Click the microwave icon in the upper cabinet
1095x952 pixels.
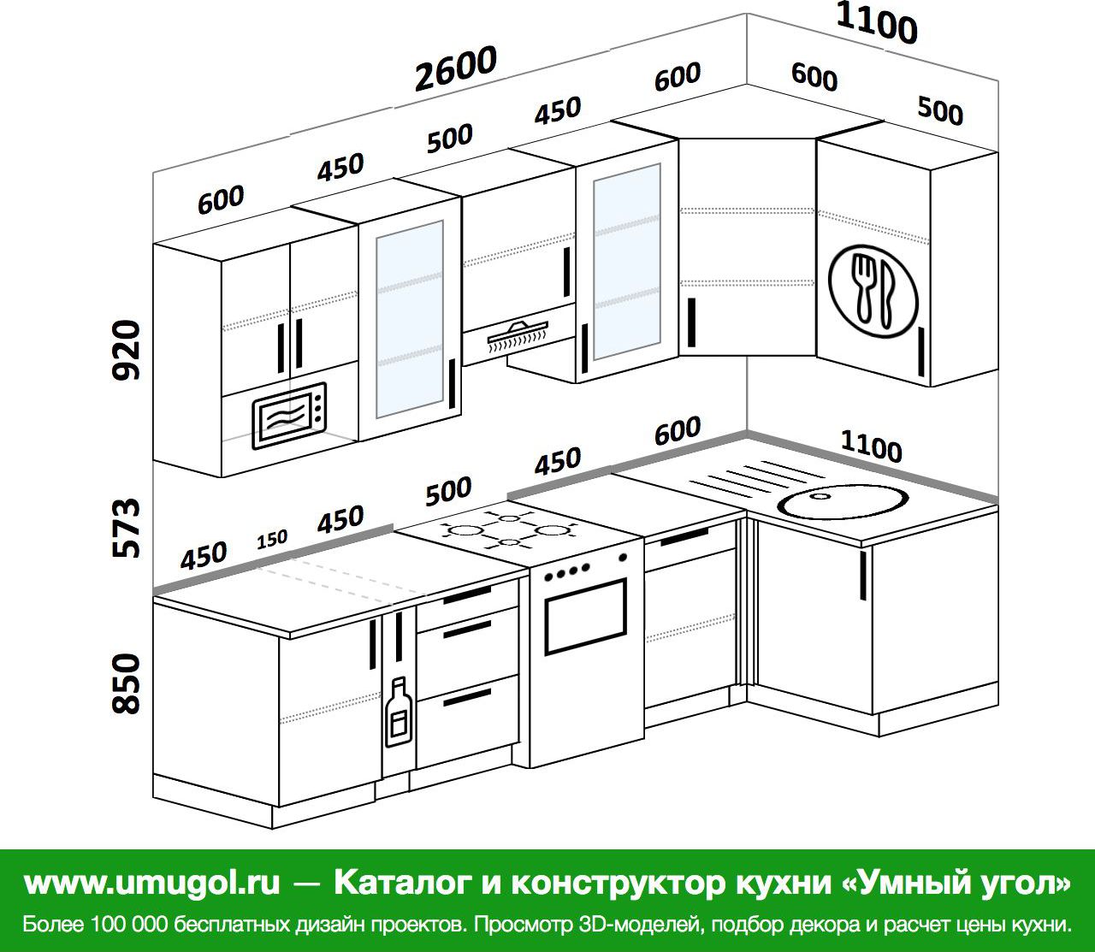[x=289, y=416]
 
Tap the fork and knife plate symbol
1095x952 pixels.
[x=873, y=292]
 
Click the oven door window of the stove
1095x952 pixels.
[x=585, y=616]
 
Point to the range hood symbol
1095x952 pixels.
[x=518, y=334]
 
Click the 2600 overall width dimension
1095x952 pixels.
[x=455, y=68]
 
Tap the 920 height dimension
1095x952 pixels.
[x=127, y=350]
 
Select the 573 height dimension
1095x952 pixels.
[x=127, y=528]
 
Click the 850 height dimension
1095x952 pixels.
[x=127, y=683]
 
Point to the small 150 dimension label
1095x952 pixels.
[x=272, y=540]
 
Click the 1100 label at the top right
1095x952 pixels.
[x=876, y=24]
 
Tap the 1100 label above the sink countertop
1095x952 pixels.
[x=871, y=446]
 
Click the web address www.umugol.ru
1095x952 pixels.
[x=152, y=883]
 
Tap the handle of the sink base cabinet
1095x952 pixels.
[x=862, y=576]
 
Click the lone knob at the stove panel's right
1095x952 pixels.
[x=623, y=558]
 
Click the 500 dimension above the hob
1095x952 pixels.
[x=448, y=491]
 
